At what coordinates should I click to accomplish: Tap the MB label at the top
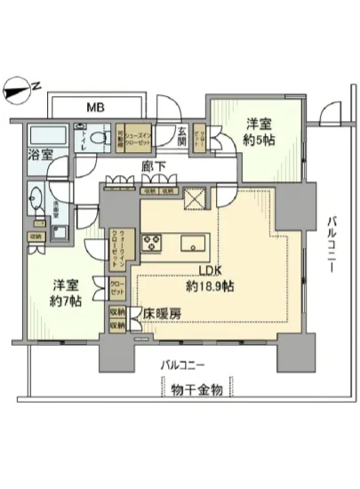93,108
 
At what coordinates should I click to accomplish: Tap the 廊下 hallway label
152,165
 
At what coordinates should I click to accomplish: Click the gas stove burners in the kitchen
149,241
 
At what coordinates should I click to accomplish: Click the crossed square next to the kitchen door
192,197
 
